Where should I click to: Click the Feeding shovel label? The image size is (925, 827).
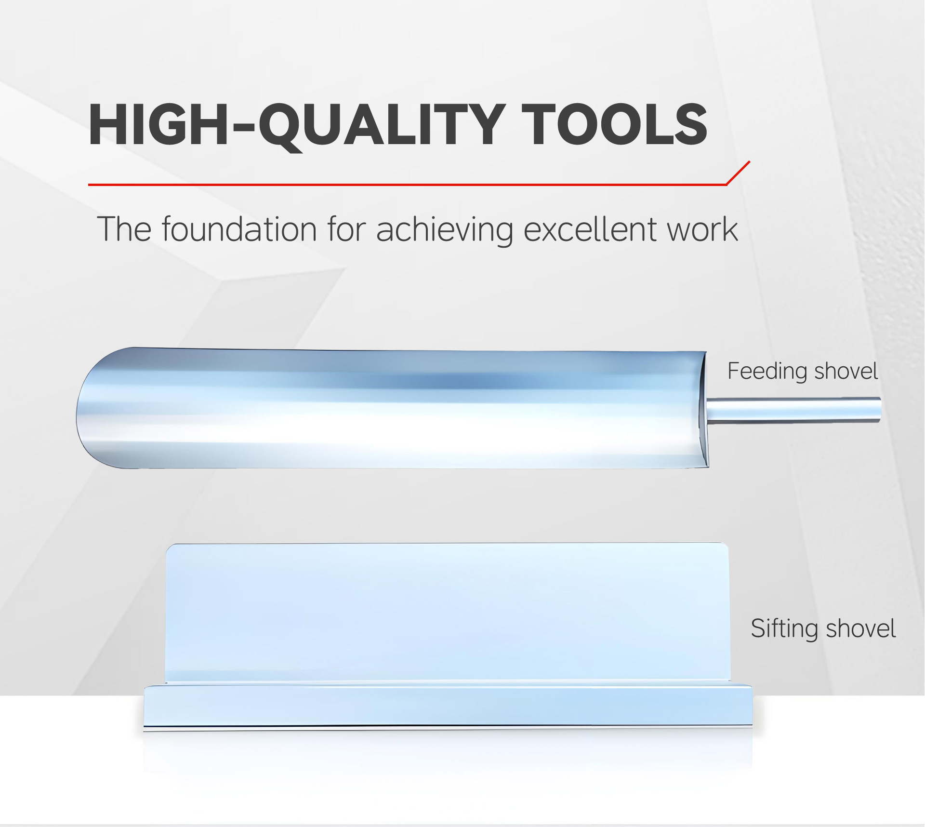coord(803,371)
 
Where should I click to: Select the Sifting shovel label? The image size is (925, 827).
coord(823,628)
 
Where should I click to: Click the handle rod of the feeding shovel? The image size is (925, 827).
coord(793,410)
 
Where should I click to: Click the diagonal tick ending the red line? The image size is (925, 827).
coord(738,173)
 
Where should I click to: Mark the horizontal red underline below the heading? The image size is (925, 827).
coord(407,185)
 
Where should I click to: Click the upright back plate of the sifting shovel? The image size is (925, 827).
coord(448,612)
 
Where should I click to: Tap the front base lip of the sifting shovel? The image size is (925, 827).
coord(448,706)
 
